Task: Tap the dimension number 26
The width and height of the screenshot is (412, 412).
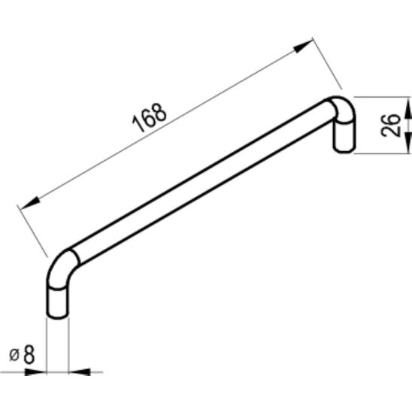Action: (x=389, y=126)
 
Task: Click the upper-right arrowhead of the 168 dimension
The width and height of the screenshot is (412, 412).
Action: (x=304, y=48)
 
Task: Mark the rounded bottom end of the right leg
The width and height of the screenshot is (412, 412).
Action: (x=343, y=153)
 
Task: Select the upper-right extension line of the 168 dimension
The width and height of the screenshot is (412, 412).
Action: (x=327, y=65)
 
